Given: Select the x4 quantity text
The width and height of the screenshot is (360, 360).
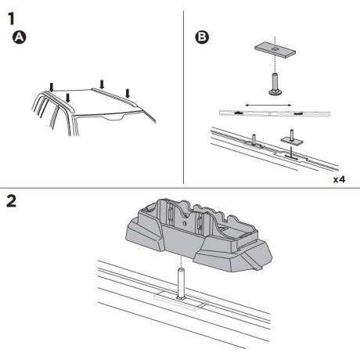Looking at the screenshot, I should (339, 179).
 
